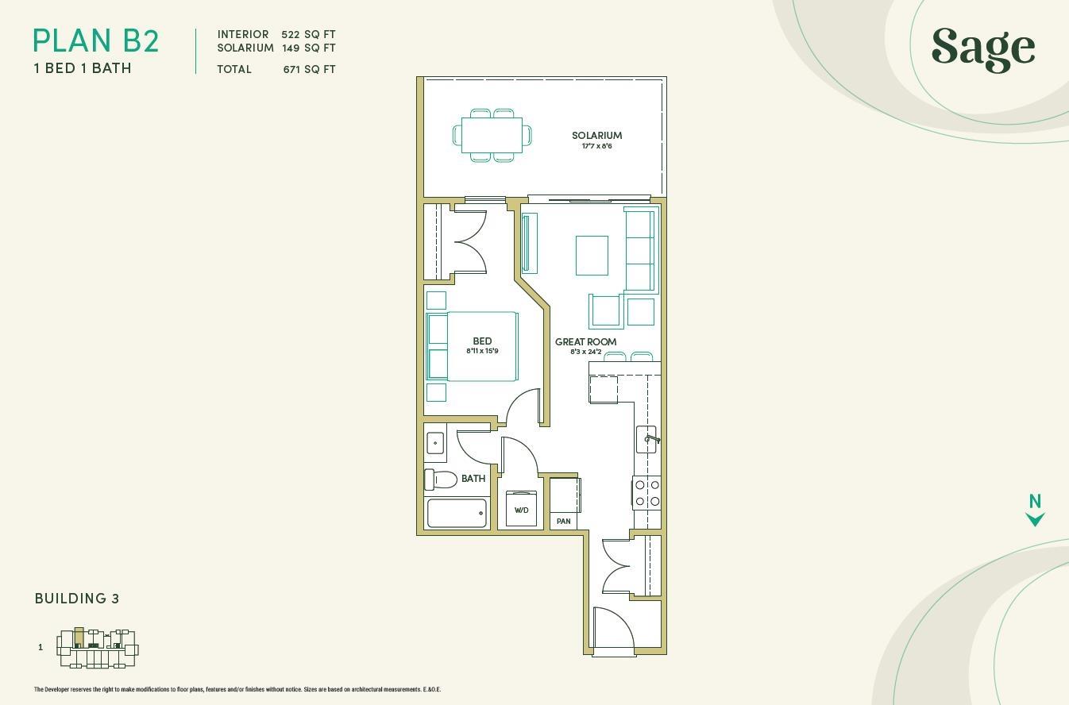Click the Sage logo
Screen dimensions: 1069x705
(983, 49)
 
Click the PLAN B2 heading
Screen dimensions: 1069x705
(95, 41)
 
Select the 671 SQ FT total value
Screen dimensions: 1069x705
(309, 69)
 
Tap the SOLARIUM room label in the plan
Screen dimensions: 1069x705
(597, 136)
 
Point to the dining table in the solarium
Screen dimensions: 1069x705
(492, 135)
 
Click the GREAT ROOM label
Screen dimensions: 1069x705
(585, 341)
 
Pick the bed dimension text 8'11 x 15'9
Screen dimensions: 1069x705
(482, 351)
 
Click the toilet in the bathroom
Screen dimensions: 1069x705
(441, 480)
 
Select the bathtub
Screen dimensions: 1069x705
(457, 513)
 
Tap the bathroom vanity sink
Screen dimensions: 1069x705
(435, 443)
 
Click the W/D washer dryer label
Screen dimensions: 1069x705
(521, 510)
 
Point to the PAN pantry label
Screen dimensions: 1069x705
(563, 522)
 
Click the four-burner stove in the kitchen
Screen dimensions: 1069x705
(646, 493)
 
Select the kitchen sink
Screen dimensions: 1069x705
(647, 439)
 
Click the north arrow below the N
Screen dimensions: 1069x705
(1035, 519)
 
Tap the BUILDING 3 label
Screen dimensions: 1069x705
(77, 599)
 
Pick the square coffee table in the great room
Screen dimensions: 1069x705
(592, 256)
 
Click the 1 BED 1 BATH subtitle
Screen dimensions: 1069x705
(83, 68)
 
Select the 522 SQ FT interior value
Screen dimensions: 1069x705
(308, 34)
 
